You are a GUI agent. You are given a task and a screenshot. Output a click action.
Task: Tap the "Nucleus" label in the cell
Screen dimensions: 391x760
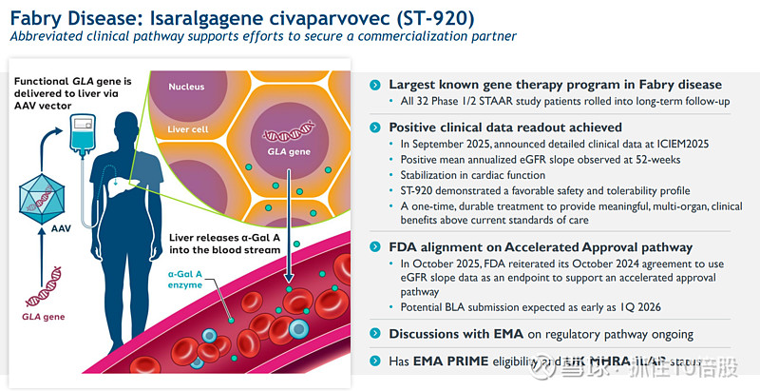(186, 88)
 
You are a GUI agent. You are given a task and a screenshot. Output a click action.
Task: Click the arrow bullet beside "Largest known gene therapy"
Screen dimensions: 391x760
(376, 85)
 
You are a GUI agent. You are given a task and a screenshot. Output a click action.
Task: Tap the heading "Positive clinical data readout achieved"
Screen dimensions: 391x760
(505, 127)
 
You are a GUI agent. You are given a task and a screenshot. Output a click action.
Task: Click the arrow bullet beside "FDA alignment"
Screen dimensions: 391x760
(376, 247)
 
